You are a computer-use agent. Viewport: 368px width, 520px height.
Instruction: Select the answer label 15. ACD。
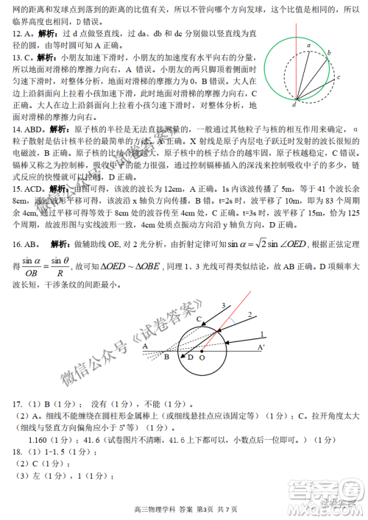(26, 188)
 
